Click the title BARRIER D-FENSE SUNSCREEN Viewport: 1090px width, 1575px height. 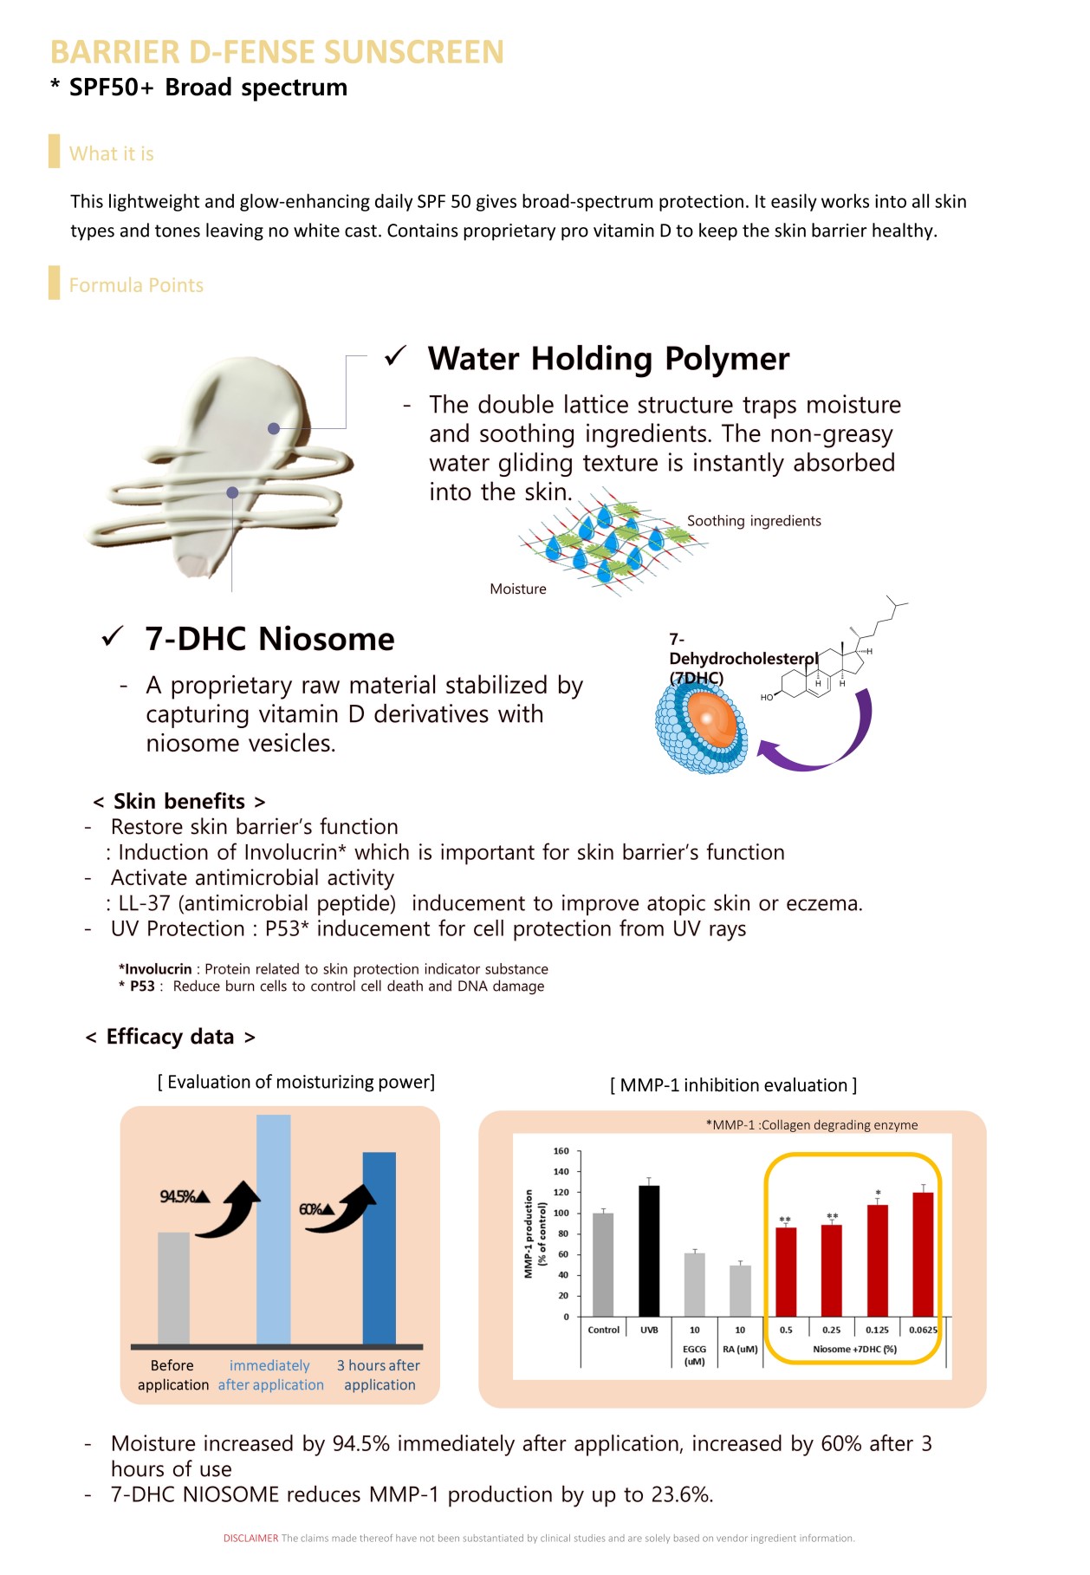276,52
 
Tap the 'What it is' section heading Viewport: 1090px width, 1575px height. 111,153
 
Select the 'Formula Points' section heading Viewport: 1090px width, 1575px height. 136,285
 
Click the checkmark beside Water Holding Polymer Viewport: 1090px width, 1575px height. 396,355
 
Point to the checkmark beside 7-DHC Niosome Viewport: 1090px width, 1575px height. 113,636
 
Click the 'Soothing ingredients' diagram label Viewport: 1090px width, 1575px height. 753,521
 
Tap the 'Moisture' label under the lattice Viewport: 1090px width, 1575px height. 518,589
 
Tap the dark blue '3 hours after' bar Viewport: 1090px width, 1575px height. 379,1248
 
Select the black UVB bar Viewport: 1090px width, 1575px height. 649,1251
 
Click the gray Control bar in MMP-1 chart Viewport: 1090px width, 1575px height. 603,1265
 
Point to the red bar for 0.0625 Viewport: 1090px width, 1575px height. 923,1254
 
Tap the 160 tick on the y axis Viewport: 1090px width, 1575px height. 561,1151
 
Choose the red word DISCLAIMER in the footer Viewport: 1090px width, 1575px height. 250,1538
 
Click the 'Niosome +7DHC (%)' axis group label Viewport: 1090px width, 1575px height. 854,1349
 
